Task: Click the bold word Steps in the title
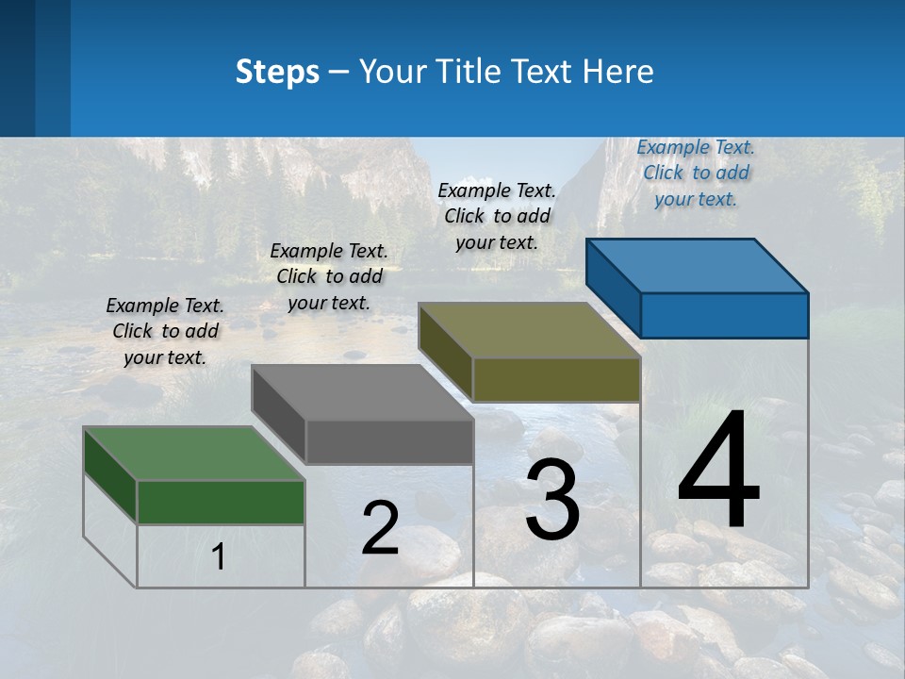coord(277,72)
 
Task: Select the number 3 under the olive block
coord(552,500)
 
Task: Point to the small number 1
coord(219,557)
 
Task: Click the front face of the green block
coord(221,502)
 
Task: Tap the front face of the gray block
coord(388,441)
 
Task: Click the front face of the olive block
coord(556,379)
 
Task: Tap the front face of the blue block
coord(724,315)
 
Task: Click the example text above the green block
coord(165,331)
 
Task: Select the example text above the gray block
coord(329,276)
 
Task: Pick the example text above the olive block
coord(497,216)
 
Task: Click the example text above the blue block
coord(696,173)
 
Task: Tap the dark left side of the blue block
coord(613,289)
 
